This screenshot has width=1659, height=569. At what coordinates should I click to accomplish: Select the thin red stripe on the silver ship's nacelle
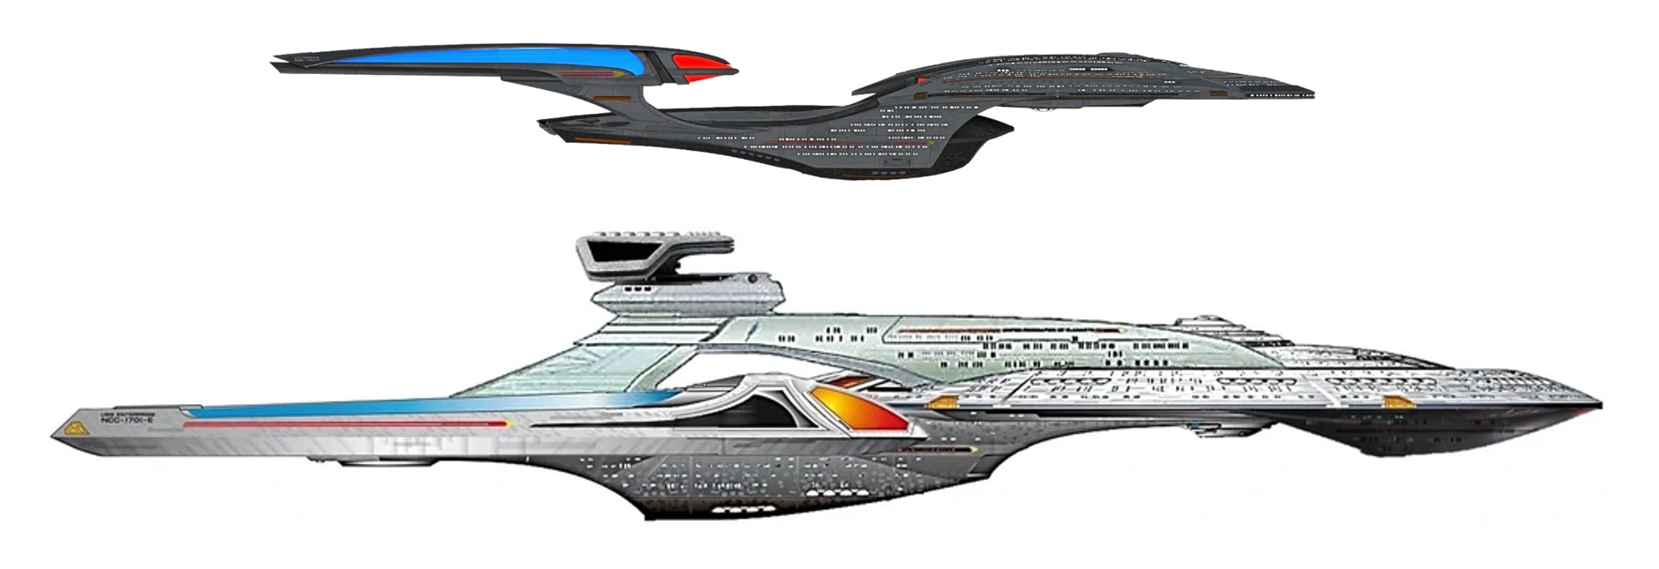pos(344,424)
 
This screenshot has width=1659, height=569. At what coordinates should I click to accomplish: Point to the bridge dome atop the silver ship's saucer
pos(1210,316)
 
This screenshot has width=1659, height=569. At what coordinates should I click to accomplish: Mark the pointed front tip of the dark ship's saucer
pos(1312,93)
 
